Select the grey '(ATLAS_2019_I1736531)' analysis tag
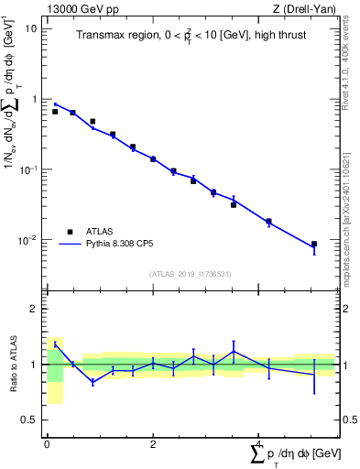click(x=190, y=273)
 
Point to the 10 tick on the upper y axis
click(x=31, y=28)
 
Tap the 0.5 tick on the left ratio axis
click(x=31, y=420)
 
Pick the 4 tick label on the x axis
click(x=259, y=444)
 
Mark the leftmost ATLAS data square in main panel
click(x=55, y=111)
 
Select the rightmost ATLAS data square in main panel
click(x=314, y=245)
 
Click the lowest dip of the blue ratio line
click(x=93, y=382)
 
